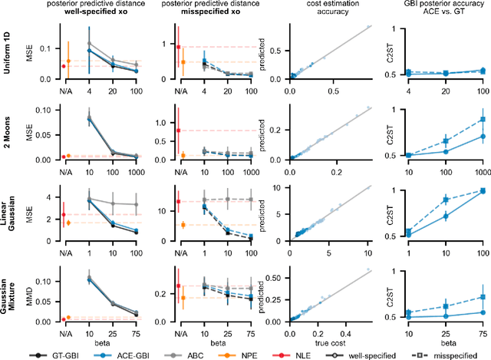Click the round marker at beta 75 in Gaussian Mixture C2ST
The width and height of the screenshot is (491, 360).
point(482,312)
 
